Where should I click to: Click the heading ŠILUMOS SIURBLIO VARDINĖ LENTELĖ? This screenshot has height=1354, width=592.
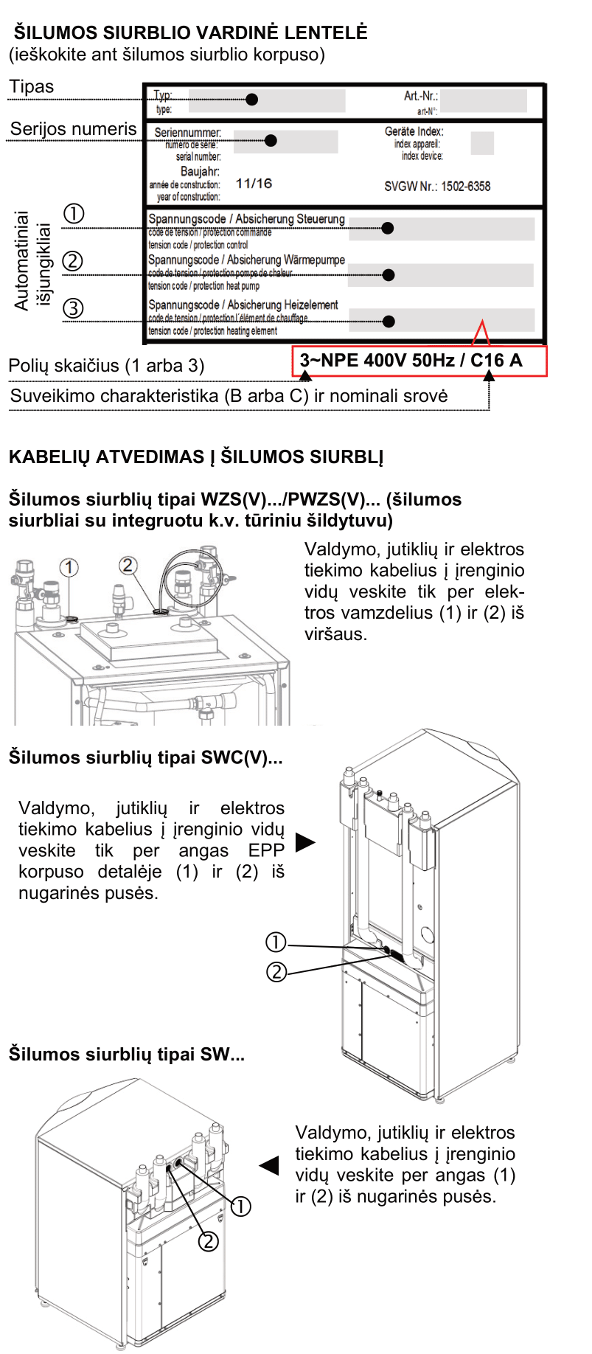click(190, 32)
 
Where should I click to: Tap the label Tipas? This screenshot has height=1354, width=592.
click(32, 87)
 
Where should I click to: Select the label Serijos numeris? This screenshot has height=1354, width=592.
click(73, 129)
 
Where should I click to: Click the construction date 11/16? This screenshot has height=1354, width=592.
click(254, 184)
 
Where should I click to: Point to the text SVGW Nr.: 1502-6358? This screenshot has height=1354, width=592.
click(437, 187)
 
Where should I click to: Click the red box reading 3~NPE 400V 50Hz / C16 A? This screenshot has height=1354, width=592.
click(419, 361)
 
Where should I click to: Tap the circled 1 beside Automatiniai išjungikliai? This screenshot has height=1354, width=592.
click(74, 214)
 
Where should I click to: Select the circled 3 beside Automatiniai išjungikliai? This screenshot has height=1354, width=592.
click(73, 308)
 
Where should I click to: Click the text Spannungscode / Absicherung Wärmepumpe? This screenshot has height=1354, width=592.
click(246, 260)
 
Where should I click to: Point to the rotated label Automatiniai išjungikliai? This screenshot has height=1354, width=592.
click(32, 260)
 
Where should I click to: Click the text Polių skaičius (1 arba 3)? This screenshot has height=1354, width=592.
click(106, 366)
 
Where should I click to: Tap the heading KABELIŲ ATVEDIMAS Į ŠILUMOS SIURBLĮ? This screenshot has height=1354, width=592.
click(196, 457)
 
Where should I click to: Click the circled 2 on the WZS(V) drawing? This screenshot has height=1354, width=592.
click(128, 566)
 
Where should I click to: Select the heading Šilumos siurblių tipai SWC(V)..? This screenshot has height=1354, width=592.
click(145, 757)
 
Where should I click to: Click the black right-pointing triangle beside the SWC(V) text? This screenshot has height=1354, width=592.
click(304, 842)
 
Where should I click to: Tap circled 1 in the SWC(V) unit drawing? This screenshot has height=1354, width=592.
click(276, 942)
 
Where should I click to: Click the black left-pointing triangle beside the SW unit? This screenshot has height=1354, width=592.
click(270, 1165)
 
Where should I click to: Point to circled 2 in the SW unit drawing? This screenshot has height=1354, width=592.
click(209, 1241)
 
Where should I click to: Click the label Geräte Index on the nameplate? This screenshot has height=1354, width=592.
click(414, 131)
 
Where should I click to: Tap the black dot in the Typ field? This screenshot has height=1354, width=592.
click(252, 99)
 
